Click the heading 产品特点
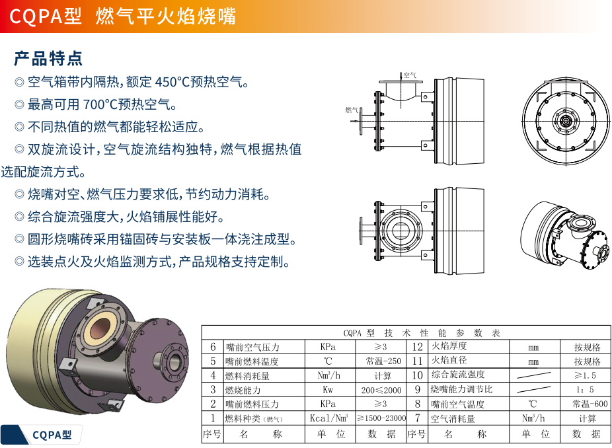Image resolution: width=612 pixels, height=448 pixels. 48,58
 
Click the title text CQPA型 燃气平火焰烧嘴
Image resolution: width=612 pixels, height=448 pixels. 122,16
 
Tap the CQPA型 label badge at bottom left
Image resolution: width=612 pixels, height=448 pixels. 52,435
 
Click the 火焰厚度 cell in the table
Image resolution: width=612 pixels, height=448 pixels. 449,347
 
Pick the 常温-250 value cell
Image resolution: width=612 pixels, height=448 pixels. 383,361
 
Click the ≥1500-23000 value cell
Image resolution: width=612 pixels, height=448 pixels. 381,418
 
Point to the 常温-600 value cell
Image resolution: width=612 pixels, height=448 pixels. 587,404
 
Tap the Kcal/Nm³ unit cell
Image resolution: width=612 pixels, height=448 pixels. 328,418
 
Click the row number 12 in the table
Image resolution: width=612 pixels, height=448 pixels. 417,347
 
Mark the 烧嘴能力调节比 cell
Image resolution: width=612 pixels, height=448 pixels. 461,390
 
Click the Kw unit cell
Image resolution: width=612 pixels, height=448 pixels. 328,390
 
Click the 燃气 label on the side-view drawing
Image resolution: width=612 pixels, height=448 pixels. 351,110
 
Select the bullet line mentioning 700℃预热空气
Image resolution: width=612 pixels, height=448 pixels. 102,104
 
